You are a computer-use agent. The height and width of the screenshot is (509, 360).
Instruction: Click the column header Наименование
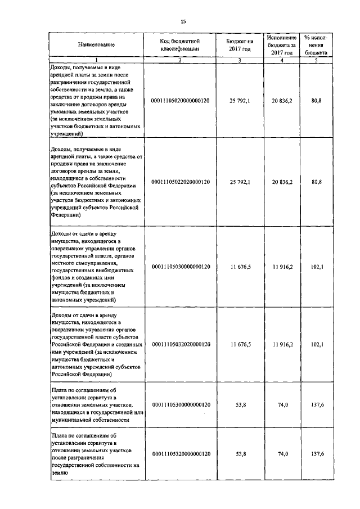point(96,44)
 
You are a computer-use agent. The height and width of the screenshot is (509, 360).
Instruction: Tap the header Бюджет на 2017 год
point(240,44)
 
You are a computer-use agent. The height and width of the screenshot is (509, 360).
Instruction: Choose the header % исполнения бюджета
point(316,44)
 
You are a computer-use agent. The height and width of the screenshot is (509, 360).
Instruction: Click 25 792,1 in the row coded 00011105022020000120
point(240,182)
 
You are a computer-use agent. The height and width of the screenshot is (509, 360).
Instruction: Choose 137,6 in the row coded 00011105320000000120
point(316,453)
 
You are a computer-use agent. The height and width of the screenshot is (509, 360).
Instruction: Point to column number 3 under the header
point(240,60)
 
